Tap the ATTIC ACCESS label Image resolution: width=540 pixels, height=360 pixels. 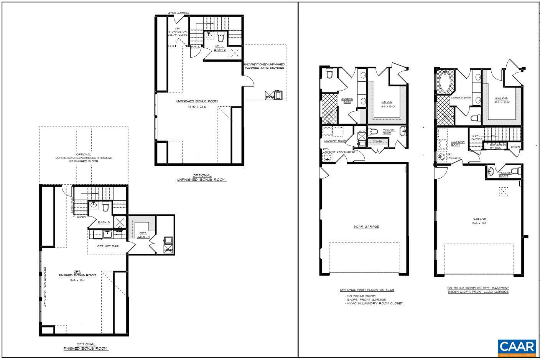[x=178, y=13]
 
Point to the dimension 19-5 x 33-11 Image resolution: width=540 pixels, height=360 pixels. [x=77, y=281]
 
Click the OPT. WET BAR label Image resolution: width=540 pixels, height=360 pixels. [x=107, y=246]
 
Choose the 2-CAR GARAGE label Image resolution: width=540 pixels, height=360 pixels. [x=366, y=226]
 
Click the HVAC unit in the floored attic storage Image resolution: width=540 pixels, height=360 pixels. [x=275, y=95]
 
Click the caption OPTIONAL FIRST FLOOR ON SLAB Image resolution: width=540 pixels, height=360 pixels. [x=367, y=290]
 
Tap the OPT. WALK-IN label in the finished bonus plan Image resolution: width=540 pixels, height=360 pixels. [x=143, y=235]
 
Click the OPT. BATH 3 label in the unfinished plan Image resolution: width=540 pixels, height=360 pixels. [x=219, y=48]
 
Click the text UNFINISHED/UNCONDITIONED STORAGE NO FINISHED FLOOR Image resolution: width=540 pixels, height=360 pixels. [x=84, y=158]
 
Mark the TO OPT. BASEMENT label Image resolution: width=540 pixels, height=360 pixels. [x=476, y=137]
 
